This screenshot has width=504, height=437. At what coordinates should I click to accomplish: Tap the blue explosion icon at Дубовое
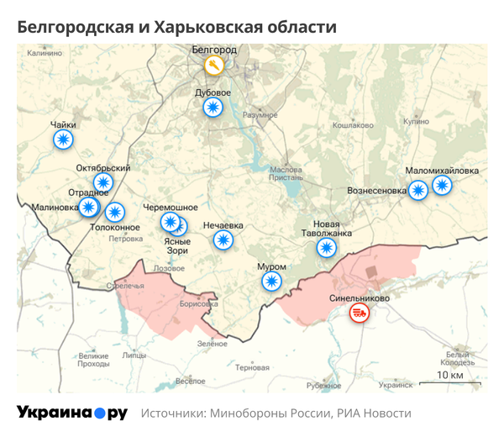(x=213, y=107)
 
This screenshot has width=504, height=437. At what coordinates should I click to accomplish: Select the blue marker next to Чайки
(x=63, y=140)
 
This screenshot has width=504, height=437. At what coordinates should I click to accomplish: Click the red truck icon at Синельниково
(x=359, y=313)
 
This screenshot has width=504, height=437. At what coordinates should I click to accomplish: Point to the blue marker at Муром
(x=270, y=281)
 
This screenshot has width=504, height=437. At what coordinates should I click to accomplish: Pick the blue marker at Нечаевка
(x=223, y=240)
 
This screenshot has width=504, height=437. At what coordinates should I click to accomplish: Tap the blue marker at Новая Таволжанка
(x=326, y=247)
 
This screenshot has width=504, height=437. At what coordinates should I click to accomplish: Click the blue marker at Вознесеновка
(x=417, y=190)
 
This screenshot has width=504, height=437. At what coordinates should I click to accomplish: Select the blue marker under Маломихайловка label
(x=442, y=185)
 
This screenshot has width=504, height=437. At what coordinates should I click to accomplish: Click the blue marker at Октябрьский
(x=103, y=182)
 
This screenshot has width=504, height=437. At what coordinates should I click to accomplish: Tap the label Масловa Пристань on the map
(x=286, y=173)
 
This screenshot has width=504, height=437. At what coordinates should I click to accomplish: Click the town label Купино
(x=416, y=121)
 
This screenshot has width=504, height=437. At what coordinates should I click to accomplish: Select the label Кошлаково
(x=353, y=125)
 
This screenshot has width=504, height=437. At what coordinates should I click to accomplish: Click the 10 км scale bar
(x=450, y=383)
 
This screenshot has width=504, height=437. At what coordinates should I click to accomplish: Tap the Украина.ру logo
(x=72, y=413)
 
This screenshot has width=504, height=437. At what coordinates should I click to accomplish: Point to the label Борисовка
(x=198, y=303)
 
